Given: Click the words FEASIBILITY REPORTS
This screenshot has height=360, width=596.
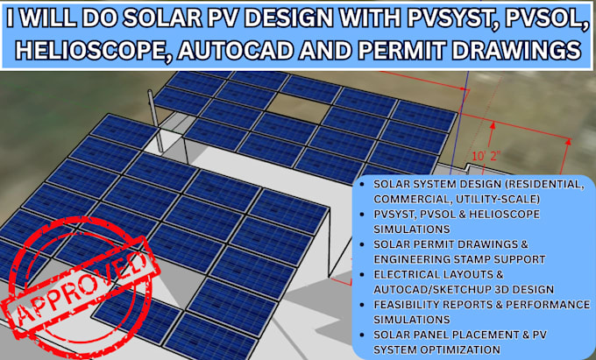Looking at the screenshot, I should tap(425, 304).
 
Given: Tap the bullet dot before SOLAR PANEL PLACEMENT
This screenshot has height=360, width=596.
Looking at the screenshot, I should tap(363, 335).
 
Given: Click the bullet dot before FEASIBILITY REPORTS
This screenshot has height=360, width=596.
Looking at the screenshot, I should tap(363, 304).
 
